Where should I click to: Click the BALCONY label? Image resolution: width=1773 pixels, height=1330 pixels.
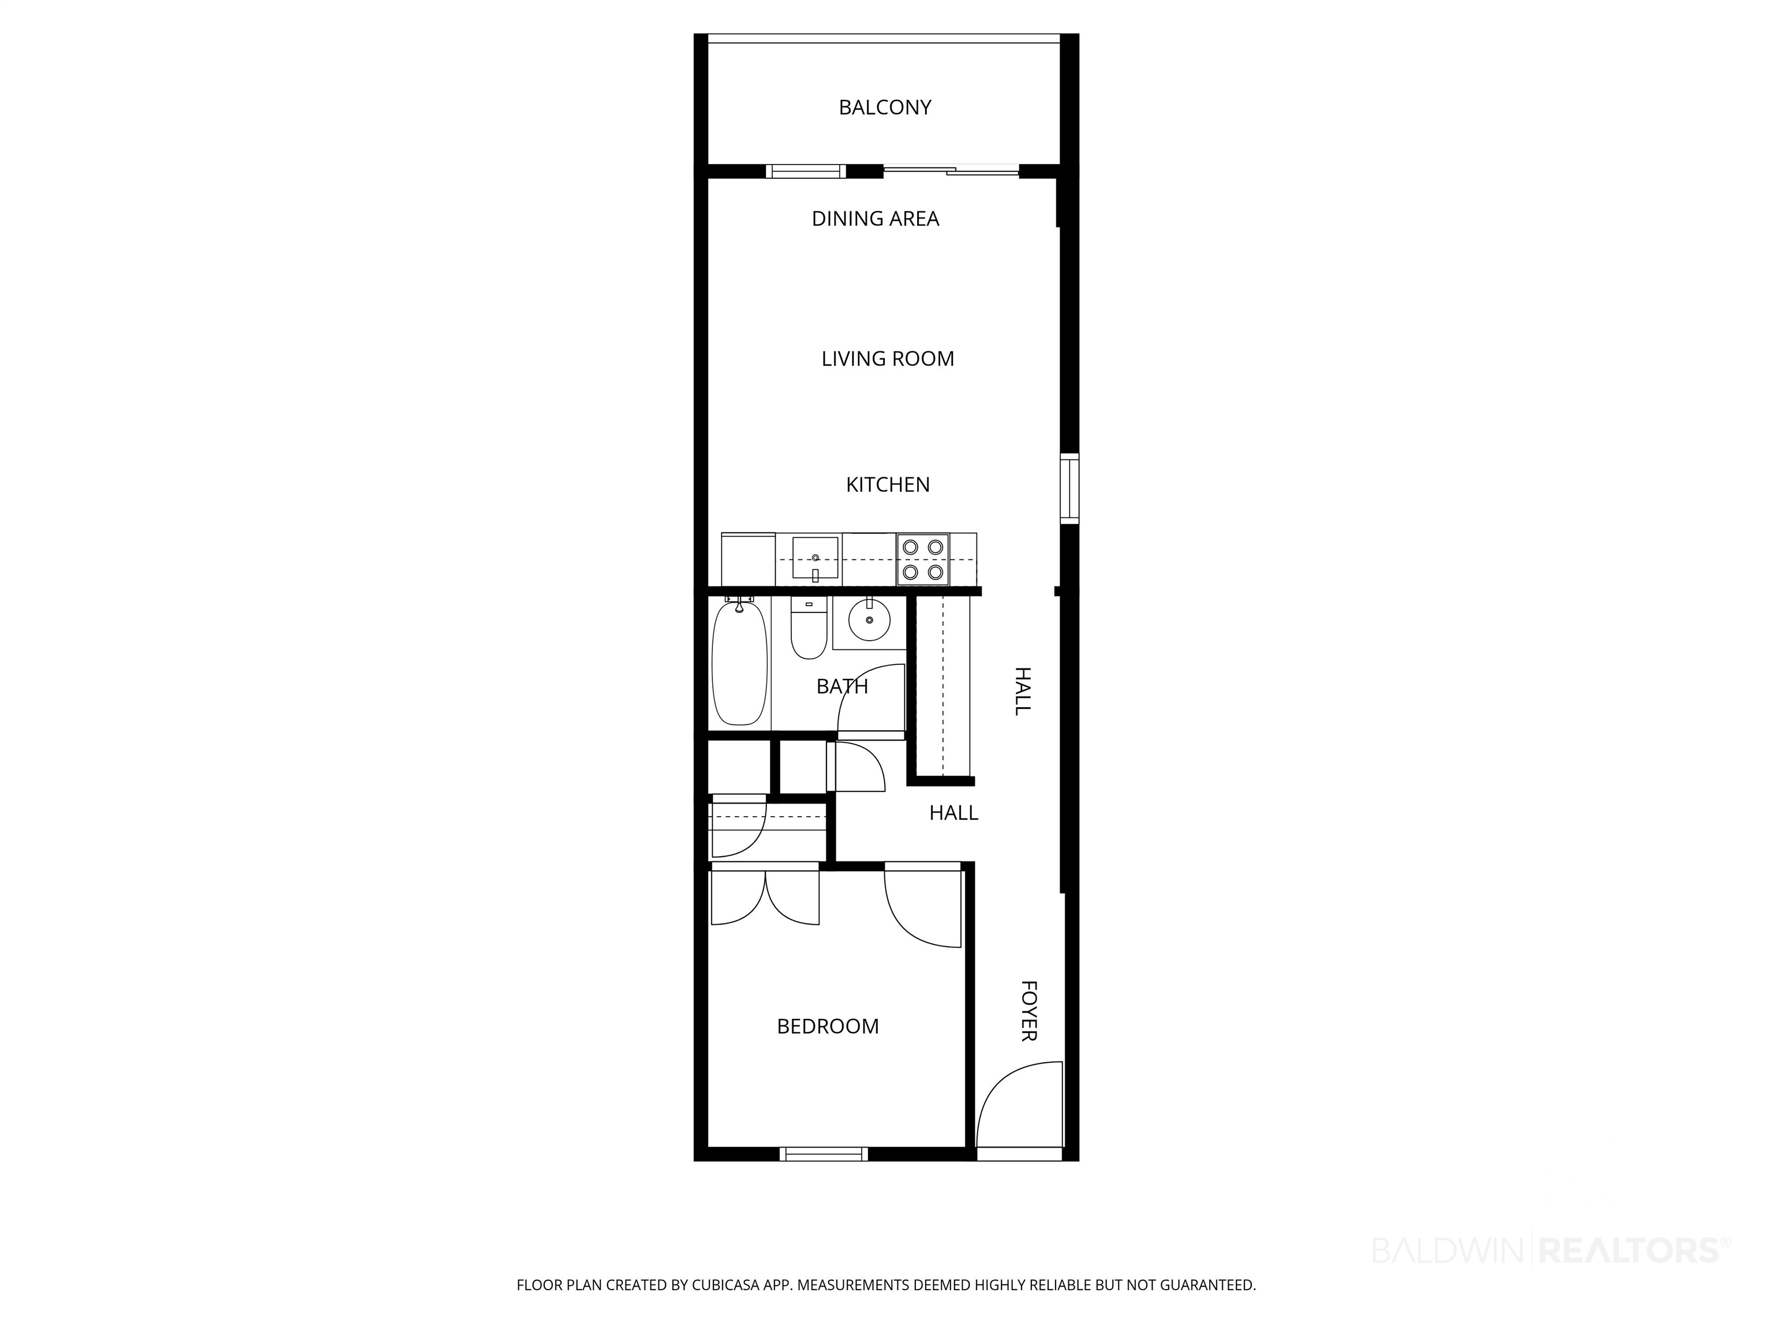click(885, 107)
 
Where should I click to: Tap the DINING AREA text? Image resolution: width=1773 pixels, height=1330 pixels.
click(876, 219)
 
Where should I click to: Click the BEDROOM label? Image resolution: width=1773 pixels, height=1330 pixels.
click(828, 1026)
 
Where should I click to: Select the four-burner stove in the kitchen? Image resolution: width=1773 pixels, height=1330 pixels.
click(922, 559)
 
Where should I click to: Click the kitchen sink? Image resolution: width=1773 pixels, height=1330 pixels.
click(815, 558)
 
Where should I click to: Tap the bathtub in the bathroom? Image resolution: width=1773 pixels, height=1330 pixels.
click(740, 664)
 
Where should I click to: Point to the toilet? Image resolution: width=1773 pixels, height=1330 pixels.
click(809, 627)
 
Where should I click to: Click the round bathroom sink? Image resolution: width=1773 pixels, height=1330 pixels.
click(869, 620)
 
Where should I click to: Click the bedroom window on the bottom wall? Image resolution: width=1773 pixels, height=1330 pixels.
click(824, 1155)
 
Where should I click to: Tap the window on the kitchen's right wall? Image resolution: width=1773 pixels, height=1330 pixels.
click(1069, 488)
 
